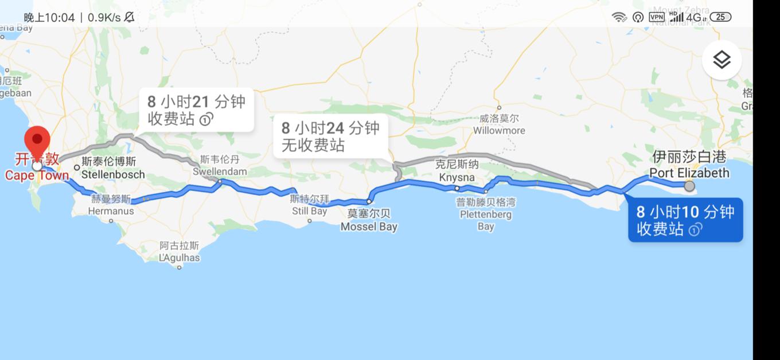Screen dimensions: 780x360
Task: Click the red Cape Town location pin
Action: [x=38, y=140]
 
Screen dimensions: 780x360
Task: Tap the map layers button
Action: [x=721, y=60]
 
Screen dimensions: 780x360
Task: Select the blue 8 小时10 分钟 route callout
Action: [x=685, y=220]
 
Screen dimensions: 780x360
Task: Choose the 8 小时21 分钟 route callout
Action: [x=196, y=110]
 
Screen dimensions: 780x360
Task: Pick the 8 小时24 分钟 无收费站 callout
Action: [x=330, y=136]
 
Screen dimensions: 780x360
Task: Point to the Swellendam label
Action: [x=220, y=166]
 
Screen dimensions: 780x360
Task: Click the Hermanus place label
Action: [x=111, y=205]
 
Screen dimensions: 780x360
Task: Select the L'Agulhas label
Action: [x=180, y=252]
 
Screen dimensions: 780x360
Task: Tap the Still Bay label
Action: [x=310, y=205]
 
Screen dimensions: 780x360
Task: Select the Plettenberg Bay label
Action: [x=485, y=214]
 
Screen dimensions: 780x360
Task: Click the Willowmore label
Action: [x=499, y=125]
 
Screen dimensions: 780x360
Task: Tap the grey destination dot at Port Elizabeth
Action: [x=689, y=186]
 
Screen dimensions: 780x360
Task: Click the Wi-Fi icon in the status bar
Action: [x=619, y=17]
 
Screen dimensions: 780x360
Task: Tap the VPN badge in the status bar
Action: [x=656, y=17]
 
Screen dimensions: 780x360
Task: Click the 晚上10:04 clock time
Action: [x=49, y=18]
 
